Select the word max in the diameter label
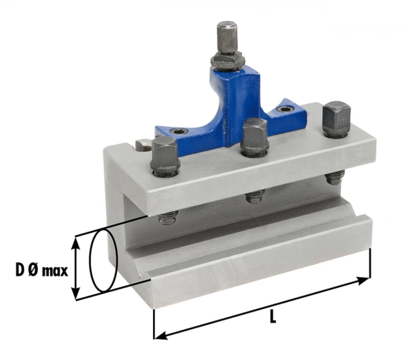point(53,270)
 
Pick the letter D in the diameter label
point(18,270)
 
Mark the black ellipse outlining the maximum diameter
point(103,261)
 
